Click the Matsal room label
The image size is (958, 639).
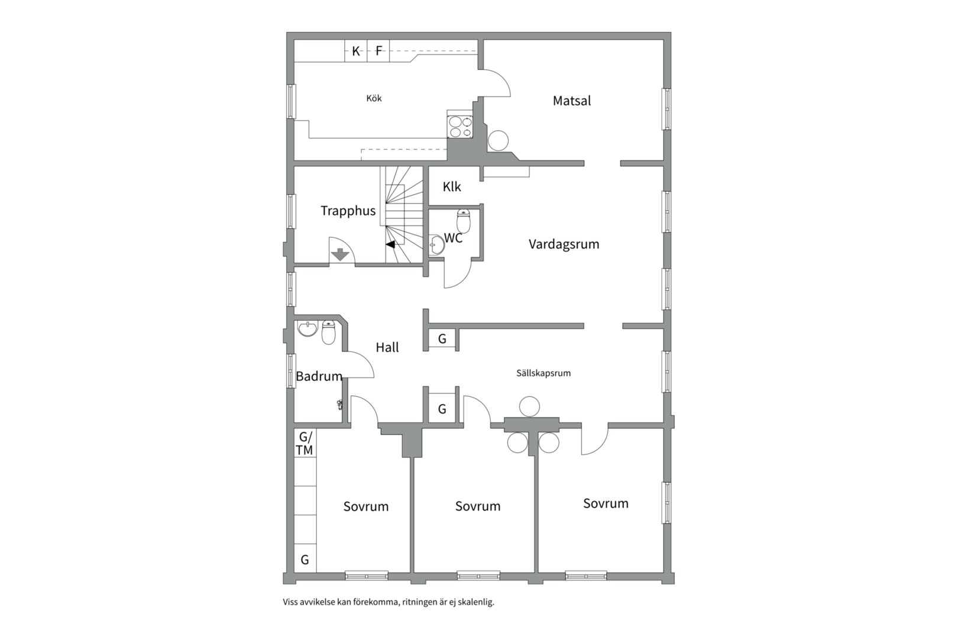pyautogui.click(x=571, y=101)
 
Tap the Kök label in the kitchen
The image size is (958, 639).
pyautogui.click(x=374, y=98)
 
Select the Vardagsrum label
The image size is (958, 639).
pyautogui.click(x=564, y=244)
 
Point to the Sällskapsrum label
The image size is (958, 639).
pyautogui.click(x=543, y=373)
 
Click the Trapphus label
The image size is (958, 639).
pyautogui.click(x=348, y=211)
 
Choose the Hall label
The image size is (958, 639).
pyautogui.click(x=387, y=347)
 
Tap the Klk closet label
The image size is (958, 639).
pyautogui.click(x=452, y=187)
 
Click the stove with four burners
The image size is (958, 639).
pyautogui.click(x=460, y=126)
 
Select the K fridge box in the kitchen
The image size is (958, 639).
pyautogui.click(x=356, y=51)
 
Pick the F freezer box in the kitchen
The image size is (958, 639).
pyautogui.click(x=379, y=51)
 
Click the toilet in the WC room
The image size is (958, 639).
pyautogui.click(x=464, y=221)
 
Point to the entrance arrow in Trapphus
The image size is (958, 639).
pyautogui.click(x=340, y=254)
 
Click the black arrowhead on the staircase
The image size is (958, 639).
pyautogui.click(x=390, y=244)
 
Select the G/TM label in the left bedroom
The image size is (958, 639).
pyautogui.click(x=305, y=444)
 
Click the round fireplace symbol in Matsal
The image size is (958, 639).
pyautogui.click(x=498, y=141)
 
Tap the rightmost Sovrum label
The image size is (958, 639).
pyautogui.click(x=606, y=504)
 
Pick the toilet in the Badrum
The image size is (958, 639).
pyautogui.click(x=328, y=333)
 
